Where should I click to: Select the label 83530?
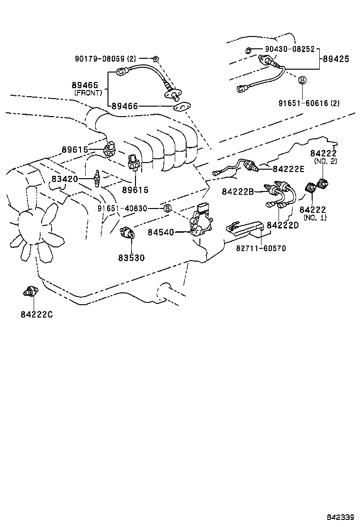coord(131,258)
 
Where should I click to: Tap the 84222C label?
coord(36,314)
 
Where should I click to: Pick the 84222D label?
coord(282,225)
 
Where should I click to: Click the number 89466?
coord(125,106)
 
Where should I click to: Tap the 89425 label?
coord(336,59)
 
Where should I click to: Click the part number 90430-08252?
coord(289,49)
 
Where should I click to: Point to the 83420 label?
coord(65,180)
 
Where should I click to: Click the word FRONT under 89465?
coord(88,93)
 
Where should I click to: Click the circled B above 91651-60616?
coord(302,80)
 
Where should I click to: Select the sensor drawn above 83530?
coord(128,232)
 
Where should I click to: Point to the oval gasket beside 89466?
coord(180,108)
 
